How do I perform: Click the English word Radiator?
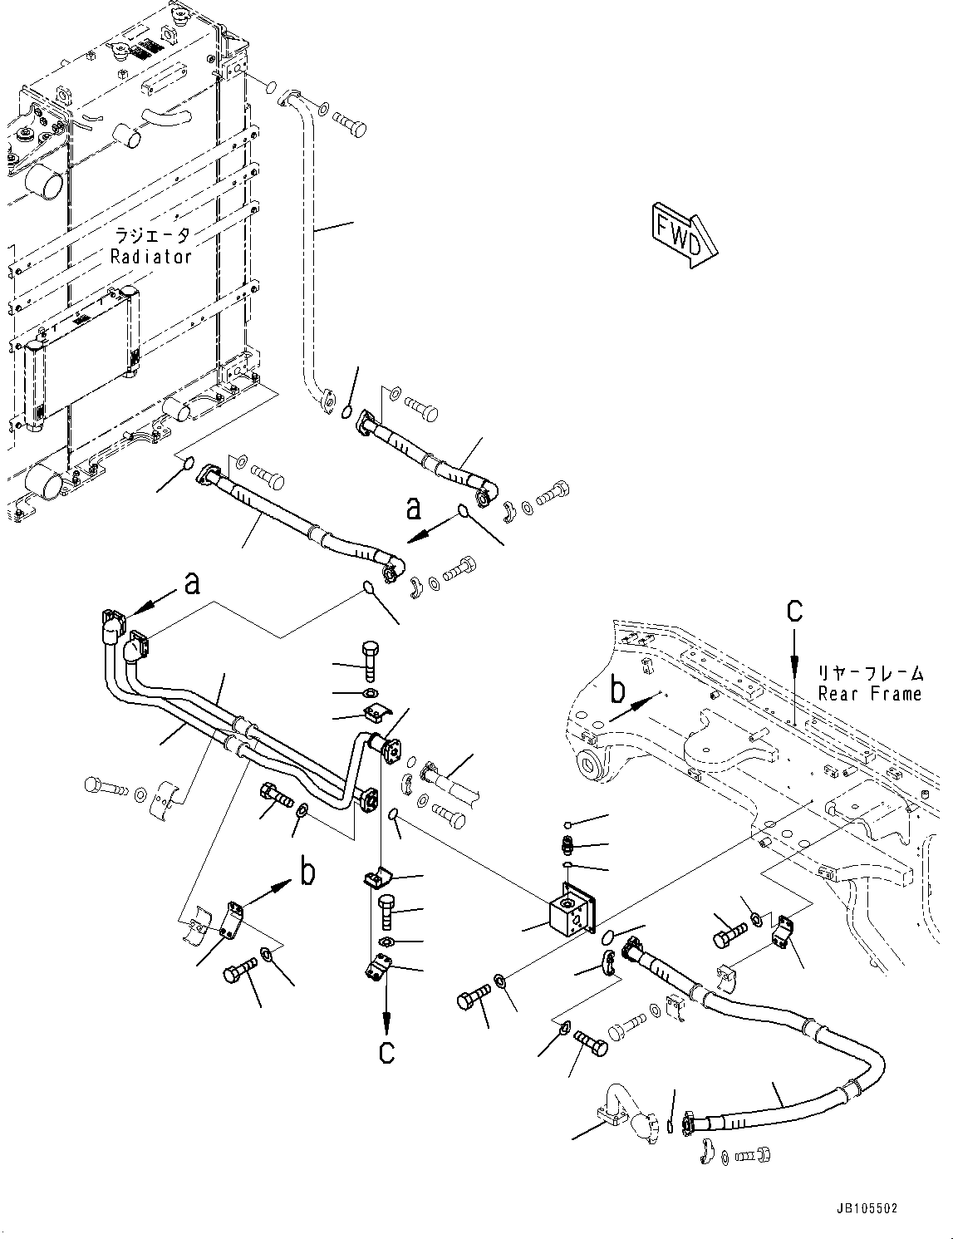(151, 257)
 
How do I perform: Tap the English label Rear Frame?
(870, 694)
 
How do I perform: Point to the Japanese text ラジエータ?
(151, 236)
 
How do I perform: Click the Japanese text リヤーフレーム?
(870, 672)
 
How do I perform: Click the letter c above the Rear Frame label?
(795, 611)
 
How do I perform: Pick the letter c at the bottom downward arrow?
(386, 1051)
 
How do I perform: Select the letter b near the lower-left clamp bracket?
(307, 873)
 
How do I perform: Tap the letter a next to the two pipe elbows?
(192, 583)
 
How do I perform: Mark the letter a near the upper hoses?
(413, 508)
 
